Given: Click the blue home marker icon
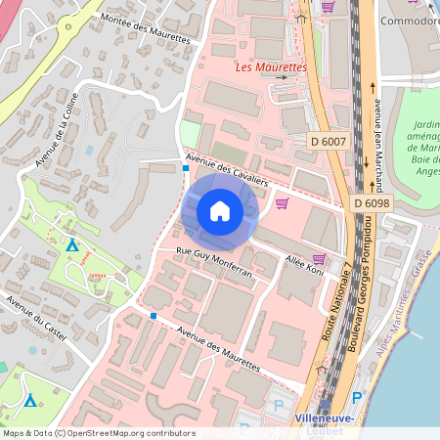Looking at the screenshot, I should [220, 210].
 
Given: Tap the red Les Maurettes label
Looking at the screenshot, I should [272, 67].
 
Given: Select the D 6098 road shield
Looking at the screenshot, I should [371, 202].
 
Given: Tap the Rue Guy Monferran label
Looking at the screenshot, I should [214, 263].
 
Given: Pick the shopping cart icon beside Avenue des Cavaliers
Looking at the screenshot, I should [282, 203].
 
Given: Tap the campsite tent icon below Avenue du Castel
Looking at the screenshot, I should [30, 400].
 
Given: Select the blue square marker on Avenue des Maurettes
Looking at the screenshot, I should [153, 316].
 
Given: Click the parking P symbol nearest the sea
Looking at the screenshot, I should [356, 398].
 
